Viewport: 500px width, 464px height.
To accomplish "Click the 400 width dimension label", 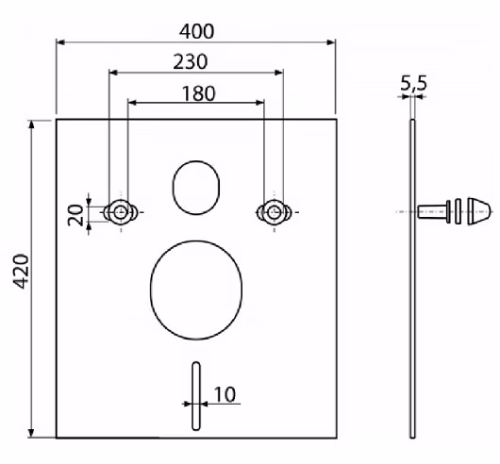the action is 196,31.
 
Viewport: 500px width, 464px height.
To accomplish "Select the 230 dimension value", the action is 191,62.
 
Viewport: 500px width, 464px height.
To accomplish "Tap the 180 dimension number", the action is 198,93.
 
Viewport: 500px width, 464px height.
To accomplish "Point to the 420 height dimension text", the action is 22,272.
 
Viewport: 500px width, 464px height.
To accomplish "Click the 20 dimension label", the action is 75,215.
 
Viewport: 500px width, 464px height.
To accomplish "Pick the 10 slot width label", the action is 225,394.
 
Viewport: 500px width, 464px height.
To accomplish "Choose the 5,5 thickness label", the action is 413,84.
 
